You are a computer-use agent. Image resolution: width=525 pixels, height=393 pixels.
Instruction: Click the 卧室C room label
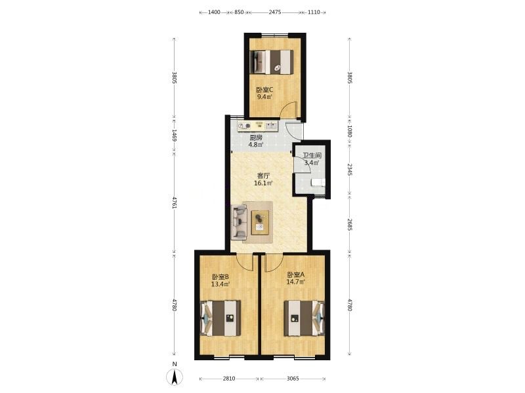[x=264, y=90]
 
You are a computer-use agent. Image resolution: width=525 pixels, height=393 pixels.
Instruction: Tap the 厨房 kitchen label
[x=256, y=138]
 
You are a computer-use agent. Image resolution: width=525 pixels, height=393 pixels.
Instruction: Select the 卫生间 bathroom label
[x=312, y=156]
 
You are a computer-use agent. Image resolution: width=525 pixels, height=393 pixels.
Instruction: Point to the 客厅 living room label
[x=264, y=176]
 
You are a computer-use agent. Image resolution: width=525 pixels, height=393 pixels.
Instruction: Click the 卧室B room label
[x=220, y=277]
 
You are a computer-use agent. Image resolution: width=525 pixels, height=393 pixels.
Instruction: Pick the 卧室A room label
[x=296, y=274]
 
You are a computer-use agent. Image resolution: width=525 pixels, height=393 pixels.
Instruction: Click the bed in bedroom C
[x=272, y=62]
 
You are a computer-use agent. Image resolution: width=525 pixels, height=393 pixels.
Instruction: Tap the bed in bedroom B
[x=220, y=318]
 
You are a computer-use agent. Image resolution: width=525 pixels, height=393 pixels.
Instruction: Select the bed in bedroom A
[x=304, y=318]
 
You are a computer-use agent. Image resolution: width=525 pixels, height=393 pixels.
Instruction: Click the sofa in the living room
[x=240, y=222]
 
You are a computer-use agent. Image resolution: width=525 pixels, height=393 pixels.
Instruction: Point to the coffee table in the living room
[x=260, y=222]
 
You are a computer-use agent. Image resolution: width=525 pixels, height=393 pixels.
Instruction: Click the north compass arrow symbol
[x=175, y=378]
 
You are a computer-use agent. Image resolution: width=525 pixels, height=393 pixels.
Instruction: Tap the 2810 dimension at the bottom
[x=229, y=379]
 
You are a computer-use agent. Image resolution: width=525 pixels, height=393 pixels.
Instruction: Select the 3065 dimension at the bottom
[x=293, y=379]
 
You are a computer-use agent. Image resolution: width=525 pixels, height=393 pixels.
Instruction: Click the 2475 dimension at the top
[x=275, y=12]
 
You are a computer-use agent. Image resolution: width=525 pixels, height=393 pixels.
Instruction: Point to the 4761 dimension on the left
[x=174, y=203]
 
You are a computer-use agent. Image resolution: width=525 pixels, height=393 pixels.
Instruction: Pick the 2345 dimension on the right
[x=350, y=170]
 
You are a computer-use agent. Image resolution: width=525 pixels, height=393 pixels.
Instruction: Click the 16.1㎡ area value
[x=263, y=183]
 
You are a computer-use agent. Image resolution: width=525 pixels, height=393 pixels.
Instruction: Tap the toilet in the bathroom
[x=318, y=183]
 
